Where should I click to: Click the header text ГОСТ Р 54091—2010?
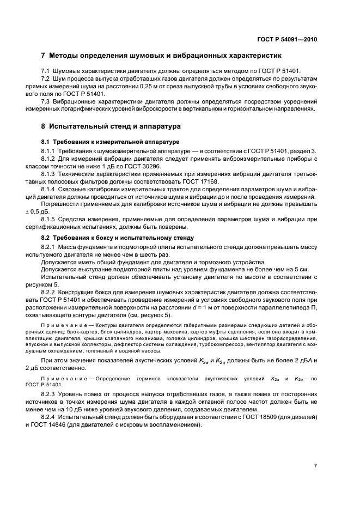pyautogui.click(x=287, y=39)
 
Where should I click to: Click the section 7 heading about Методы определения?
pyautogui.click(x=161, y=56)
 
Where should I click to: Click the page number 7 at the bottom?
pyautogui.click(x=315, y=465)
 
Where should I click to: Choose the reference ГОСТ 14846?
pyautogui.click(x=65, y=424)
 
